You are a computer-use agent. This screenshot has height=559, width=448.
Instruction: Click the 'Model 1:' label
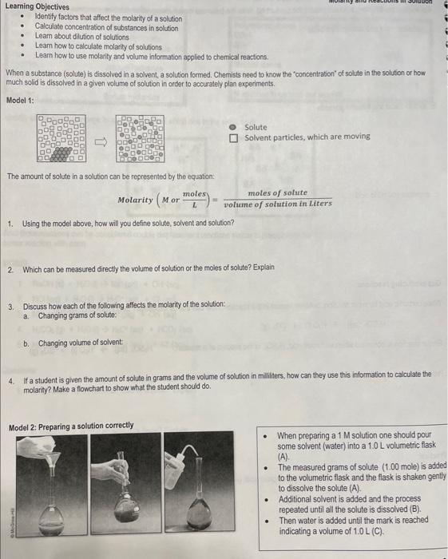[x=20, y=100]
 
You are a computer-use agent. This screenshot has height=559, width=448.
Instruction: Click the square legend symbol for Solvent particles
[x=234, y=137]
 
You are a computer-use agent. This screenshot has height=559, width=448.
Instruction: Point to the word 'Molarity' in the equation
[x=137, y=199]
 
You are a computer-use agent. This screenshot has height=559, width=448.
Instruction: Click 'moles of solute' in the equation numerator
[x=277, y=193]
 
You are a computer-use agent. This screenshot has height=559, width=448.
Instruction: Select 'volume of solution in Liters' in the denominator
[x=277, y=204]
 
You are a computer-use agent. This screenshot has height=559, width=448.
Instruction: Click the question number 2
[x=10, y=269]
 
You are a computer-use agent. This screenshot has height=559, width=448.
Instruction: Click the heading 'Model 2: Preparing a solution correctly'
[x=71, y=426]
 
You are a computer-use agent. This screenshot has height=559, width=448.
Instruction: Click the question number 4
[x=10, y=374]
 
